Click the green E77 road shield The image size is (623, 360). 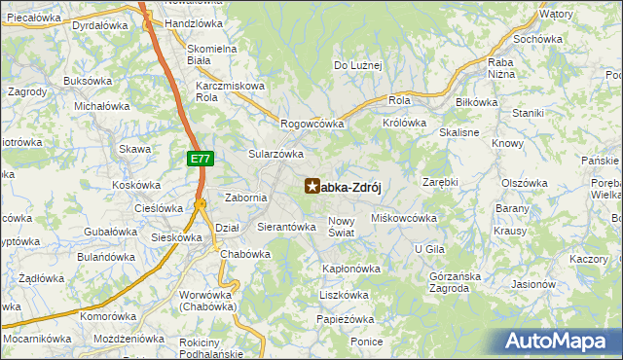[x=199, y=158]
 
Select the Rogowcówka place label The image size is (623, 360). [x=312, y=124]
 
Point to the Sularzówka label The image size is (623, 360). [x=276, y=154]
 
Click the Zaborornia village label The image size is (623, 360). [x=246, y=198]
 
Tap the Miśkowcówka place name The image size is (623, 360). [x=404, y=218]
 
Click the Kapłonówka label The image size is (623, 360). [x=350, y=268]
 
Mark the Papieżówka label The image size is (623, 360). [x=346, y=319]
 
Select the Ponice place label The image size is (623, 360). [x=367, y=342]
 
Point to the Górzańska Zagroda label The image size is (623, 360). [x=455, y=281]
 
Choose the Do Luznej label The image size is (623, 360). [x=358, y=65]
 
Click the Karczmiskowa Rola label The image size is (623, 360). [x=230, y=91]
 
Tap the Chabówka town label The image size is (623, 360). [x=244, y=254]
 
